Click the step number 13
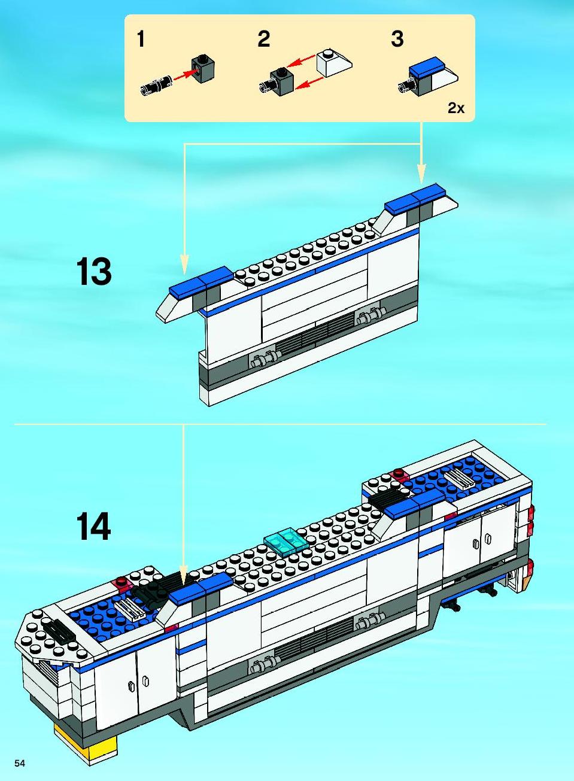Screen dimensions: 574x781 click(x=94, y=271)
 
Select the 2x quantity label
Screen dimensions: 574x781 click(x=456, y=108)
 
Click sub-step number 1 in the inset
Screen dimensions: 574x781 click(x=141, y=39)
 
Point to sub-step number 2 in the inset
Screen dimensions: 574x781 click(x=263, y=39)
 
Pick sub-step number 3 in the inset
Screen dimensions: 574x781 click(x=397, y=39)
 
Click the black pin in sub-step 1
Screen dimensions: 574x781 click(x=156, y=85)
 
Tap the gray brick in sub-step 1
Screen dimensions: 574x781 click(x=203, y=69)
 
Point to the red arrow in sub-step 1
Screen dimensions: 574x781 click(x=185, y=75)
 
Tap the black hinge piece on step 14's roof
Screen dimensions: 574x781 click(x=149, y=592)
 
